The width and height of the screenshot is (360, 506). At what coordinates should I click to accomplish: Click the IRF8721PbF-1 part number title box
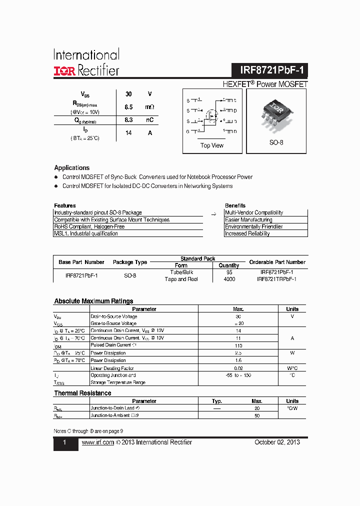(x=269, y=70)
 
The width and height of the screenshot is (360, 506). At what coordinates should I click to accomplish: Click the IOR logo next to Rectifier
(x=64, y=71)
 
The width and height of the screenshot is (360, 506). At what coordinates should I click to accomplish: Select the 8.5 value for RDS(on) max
(x=128, y=107)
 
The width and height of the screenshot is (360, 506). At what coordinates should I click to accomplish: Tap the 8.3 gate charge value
(x=128, y=120)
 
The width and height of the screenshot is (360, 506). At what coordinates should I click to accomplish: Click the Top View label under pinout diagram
(x=212, y=145)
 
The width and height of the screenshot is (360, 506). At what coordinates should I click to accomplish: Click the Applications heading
(x=72, y=168)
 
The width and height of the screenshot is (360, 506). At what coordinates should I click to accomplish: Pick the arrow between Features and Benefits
(x=213, y=213)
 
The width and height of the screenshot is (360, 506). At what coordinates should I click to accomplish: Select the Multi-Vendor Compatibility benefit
(x=254, y=212)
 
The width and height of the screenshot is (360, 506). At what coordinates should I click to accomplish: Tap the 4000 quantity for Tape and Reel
(x=229, y=279)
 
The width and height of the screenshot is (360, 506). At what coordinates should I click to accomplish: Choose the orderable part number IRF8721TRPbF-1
(x=276, y=279)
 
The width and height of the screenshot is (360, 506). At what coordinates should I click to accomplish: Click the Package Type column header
(x=130, y=262)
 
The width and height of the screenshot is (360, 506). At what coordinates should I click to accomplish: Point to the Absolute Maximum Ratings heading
(x=93, y=301)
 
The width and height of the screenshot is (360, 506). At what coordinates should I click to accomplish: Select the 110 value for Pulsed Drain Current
(x=238, y=345)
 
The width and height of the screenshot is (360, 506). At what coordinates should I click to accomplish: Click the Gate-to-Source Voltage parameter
(x=113, y=323)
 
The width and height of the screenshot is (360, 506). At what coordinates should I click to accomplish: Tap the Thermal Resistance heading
(x=82, y=393)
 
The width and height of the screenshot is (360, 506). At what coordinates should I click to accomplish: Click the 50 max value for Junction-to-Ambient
(x=257, y=415)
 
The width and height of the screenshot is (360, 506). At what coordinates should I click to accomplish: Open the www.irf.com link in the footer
(x=97, y=442)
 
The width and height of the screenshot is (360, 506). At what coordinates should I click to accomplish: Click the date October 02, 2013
(x=277, y=442)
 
